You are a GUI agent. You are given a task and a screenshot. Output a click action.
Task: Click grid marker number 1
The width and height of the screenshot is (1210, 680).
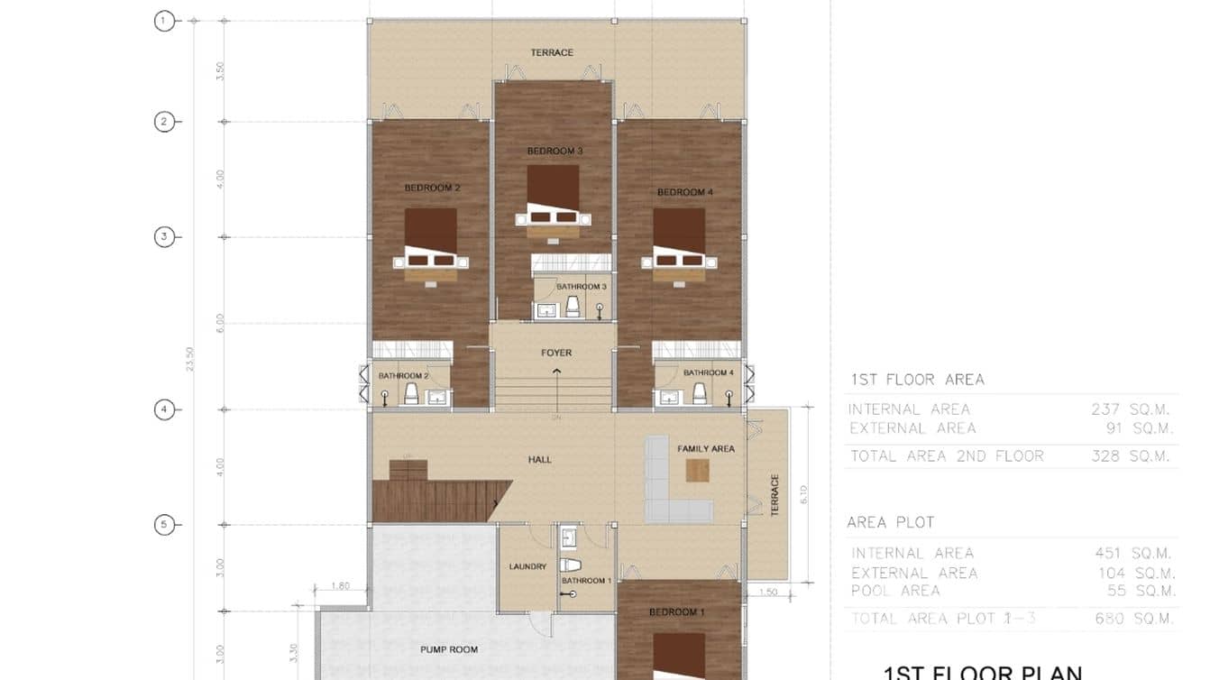click(164, 21)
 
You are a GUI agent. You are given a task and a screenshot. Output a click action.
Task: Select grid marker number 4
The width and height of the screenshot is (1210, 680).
click(164, 409)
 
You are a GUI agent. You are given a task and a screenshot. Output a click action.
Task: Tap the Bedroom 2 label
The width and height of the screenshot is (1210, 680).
click(433, 188)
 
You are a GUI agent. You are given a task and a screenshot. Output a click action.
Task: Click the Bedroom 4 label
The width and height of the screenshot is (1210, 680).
click(685, 192)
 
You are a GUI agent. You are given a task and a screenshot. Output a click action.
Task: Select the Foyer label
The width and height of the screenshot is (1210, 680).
click(556, 353)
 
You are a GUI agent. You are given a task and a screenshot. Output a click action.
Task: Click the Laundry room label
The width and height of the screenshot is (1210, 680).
click(527, 566)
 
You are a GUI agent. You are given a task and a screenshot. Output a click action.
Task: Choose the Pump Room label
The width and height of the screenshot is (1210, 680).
click(449, 649)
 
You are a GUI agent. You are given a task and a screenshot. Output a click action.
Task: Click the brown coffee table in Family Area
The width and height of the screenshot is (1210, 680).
click(697, 470)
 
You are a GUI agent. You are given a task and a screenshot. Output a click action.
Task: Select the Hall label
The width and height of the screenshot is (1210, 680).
click(540, 460)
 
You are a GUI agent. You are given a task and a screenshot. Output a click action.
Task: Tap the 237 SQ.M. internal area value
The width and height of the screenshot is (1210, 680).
click(1132, 409)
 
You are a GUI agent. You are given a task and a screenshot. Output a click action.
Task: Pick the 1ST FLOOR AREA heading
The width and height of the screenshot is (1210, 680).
click(917, 380)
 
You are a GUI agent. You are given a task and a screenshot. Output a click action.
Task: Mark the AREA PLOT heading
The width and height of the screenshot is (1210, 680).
click(890, 522)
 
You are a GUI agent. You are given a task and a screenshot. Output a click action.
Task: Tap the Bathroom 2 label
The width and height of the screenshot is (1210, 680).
click(403, 375)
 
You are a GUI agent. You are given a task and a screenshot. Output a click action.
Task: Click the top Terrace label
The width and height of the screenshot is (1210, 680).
click(552, 52)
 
